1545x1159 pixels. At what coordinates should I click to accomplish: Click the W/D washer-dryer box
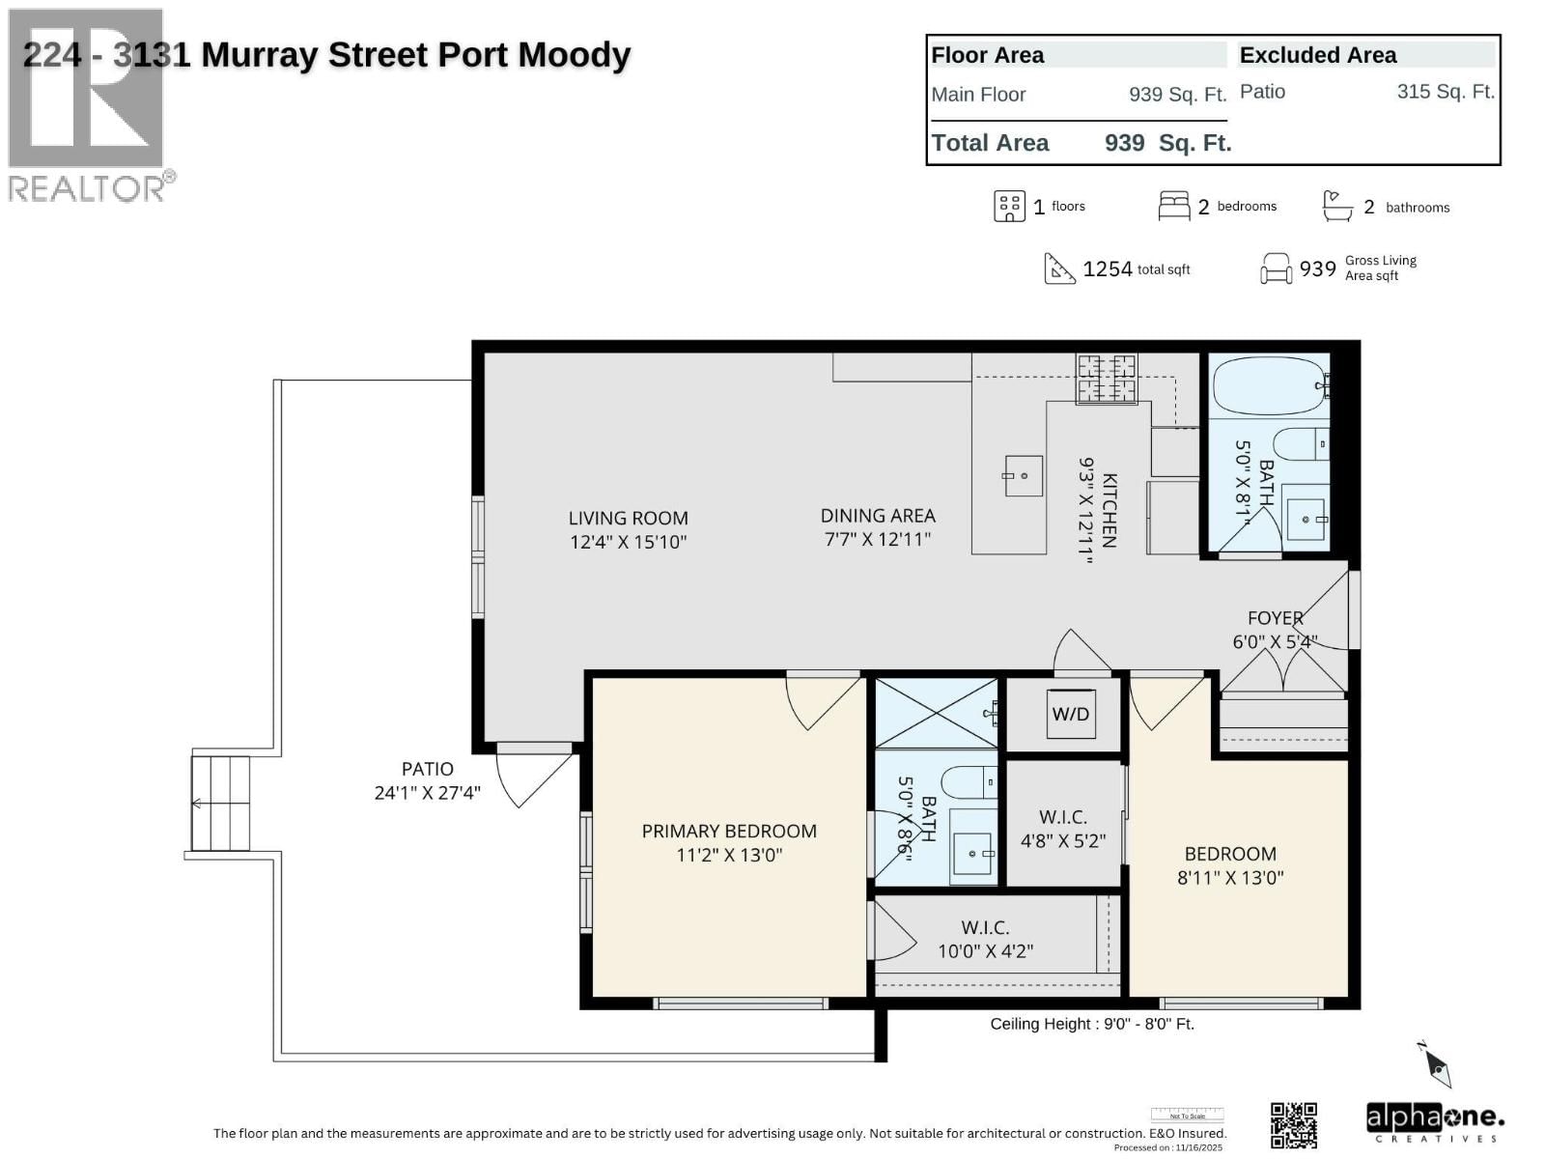(1070, 714)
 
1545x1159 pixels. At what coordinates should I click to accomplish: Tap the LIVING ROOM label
(628, 519)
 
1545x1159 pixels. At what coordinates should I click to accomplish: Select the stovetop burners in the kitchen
(1107, 378)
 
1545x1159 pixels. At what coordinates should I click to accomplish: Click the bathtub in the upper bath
(1269, 386)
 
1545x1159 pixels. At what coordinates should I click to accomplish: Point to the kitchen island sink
(1024, 475)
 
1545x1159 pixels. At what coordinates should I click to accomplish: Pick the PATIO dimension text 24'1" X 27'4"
(427, 793)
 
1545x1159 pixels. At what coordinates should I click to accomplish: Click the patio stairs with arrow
(220, 803)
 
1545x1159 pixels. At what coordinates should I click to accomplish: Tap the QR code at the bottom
(1293, 1125)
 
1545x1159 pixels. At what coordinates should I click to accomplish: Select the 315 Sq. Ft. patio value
(1445, 92)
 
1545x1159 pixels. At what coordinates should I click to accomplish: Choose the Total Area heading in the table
(990, 143)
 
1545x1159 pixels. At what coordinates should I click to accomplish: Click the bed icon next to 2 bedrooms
(1173, 206)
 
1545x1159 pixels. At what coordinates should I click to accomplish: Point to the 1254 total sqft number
(1108, 269)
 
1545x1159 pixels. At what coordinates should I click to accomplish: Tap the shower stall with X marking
(936, 714)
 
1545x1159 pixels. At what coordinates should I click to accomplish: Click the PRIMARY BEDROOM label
(729, 832)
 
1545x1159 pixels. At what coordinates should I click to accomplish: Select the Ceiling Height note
(1091, 1024)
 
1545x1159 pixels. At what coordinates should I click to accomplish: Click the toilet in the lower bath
(969, 781)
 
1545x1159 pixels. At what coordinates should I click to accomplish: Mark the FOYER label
(1275, 618)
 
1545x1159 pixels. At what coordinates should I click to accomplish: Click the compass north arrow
(1437, 1065)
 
